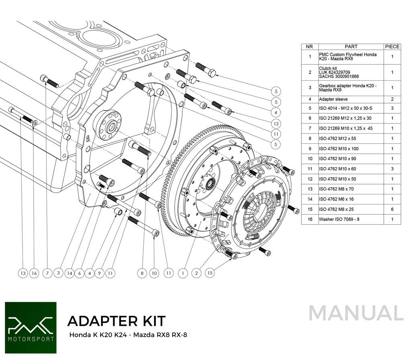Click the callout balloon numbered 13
23,274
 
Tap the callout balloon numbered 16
35,274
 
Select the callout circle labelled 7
47,274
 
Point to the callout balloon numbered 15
210,274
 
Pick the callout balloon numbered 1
183,274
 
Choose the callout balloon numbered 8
142,274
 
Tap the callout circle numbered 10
155,274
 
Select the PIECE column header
392,47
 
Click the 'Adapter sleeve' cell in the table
334,99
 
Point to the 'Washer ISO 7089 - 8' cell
339,219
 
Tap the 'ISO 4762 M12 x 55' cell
338,139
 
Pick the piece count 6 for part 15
392,209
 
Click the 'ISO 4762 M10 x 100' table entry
339,149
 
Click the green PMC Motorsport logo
31,327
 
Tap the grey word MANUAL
356,313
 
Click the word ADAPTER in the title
97,321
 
